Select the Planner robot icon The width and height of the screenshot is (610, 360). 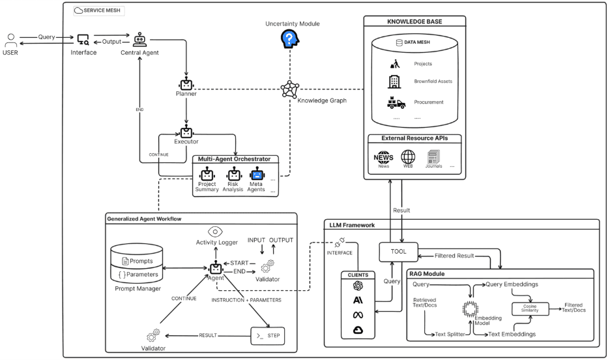187,84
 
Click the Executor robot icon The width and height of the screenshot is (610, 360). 187,132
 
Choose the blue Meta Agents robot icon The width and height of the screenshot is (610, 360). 256,174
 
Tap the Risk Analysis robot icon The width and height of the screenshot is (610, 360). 233,174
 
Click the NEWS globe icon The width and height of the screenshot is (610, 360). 383,157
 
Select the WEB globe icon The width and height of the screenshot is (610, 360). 408,157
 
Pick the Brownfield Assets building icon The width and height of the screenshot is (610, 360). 394,82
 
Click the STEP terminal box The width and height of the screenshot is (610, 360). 267,335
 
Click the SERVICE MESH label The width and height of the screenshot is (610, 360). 102,10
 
